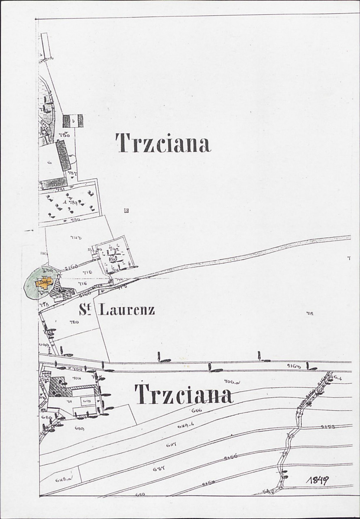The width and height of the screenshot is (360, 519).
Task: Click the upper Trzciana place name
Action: point(163,143)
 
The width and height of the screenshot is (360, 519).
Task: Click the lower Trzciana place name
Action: point(184,394)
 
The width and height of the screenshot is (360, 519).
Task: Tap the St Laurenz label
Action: point(117,309)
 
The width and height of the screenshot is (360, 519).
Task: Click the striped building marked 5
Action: point(73,121)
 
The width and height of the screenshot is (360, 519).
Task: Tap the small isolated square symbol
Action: point(126,211)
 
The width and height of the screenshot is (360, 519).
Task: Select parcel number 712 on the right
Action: point(309,313)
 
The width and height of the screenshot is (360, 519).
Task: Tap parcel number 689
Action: point(79,428)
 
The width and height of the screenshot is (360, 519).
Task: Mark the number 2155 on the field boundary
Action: point(329,427)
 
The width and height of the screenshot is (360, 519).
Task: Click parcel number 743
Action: point(76,237)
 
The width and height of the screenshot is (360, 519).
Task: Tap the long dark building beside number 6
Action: point(63,156)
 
